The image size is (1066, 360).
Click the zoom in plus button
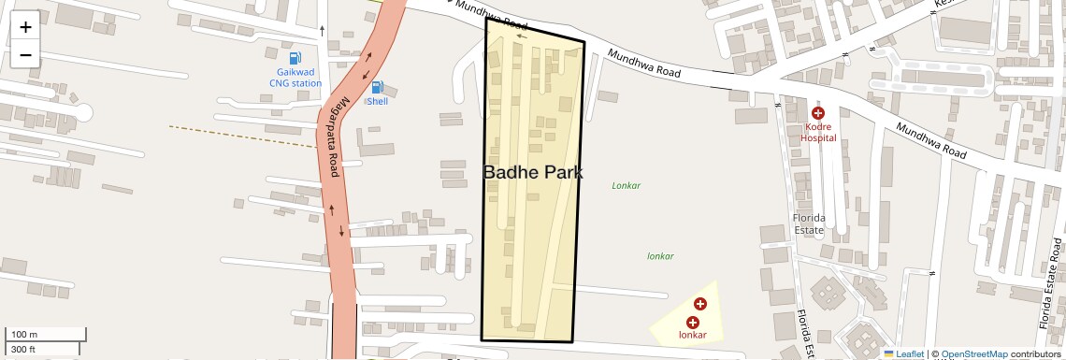coord(25,27)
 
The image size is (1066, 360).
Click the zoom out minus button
coord(25,55)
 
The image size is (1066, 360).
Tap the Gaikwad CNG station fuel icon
coord(295,58)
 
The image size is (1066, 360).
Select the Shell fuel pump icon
coord(377,87)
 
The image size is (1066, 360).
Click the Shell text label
coord(377,101)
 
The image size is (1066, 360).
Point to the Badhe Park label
coord(533,172)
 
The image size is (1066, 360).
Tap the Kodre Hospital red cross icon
coord(818,113)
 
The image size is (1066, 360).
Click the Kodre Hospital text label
coord(818,132)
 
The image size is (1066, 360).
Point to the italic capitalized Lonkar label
coord(626,185)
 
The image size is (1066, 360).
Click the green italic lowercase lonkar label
coord(660,255)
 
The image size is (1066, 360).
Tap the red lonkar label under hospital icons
coord(692,335)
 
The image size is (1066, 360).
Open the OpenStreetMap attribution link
coord(973,353)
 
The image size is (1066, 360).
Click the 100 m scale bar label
coord(24,335)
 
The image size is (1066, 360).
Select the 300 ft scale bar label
coord(23,350)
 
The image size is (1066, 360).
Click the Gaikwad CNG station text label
coord(295,78)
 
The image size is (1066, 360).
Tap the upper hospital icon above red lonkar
coord(700,304)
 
